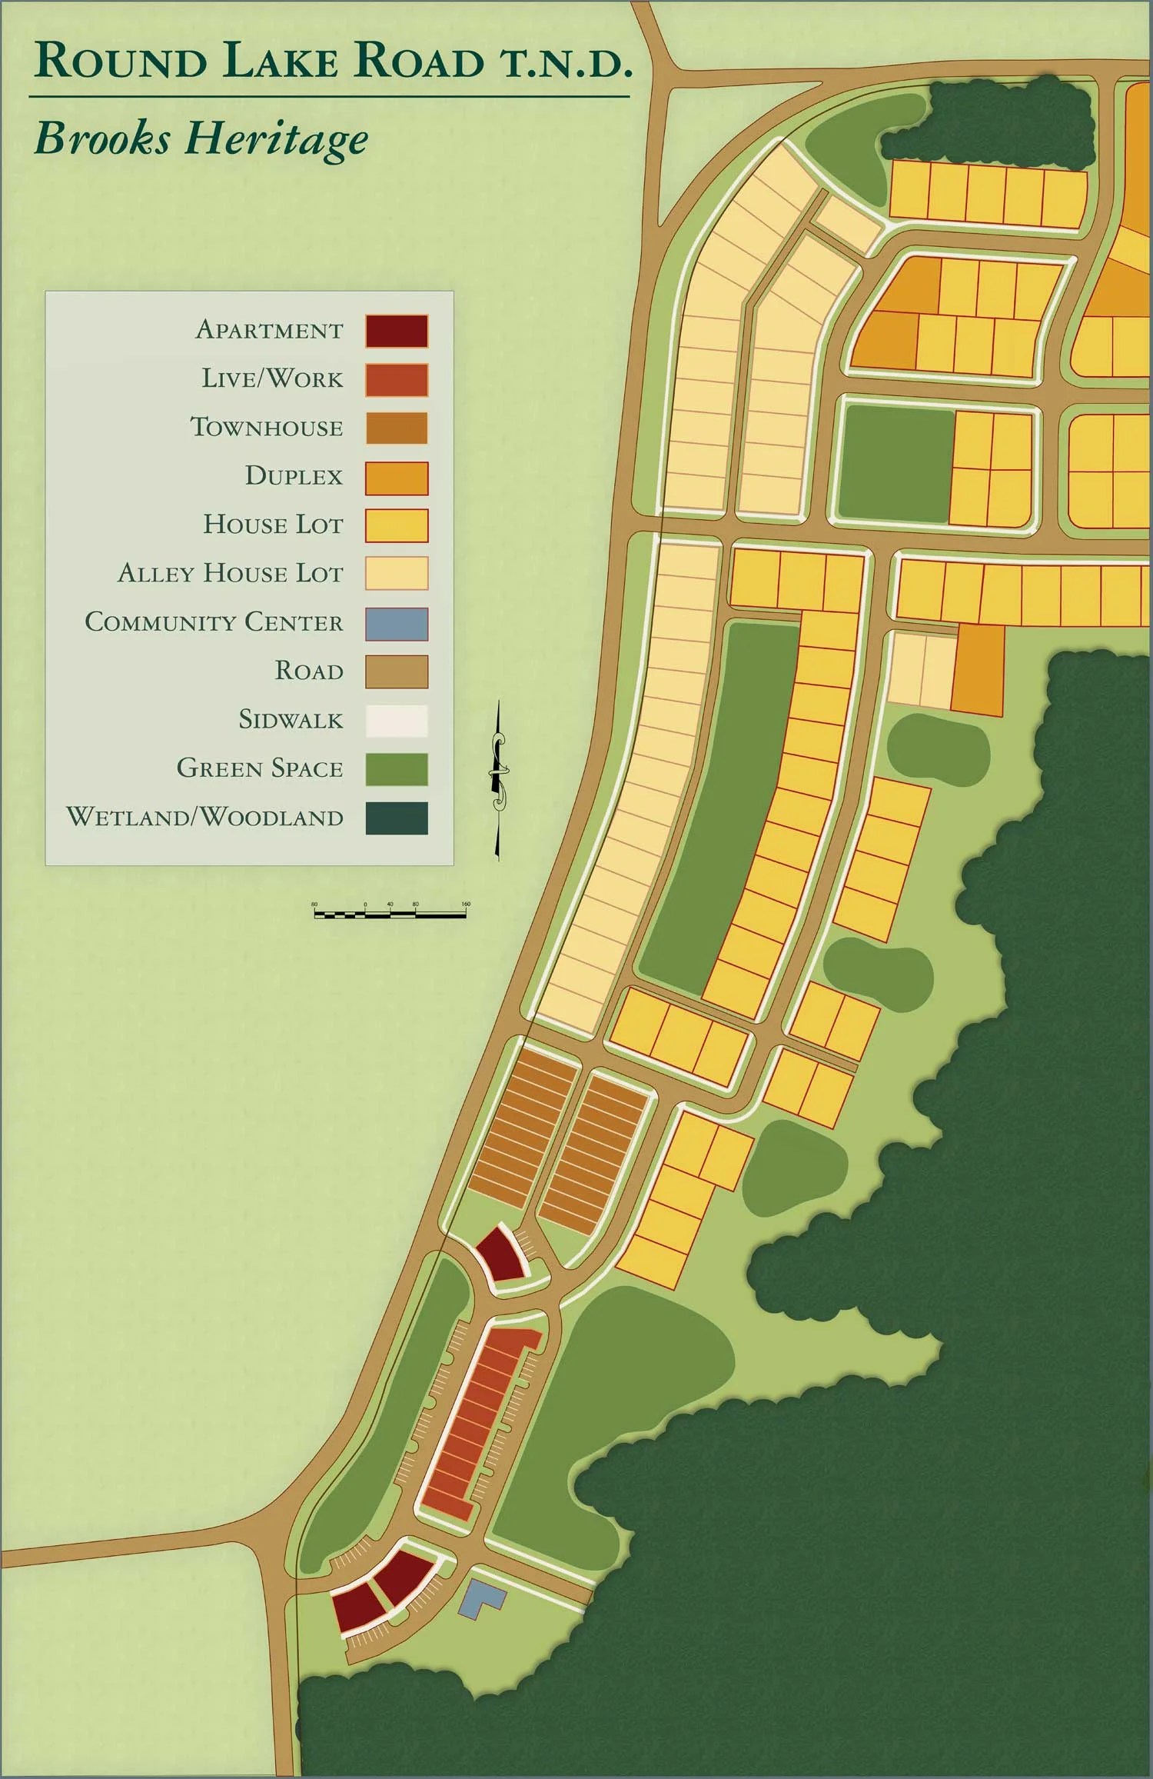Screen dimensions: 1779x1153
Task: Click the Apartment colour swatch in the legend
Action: [397, 331]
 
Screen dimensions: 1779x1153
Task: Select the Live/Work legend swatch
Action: [397, 380]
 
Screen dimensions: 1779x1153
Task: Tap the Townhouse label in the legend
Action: [267, 428]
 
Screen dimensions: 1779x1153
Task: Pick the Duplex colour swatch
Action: [397, 478]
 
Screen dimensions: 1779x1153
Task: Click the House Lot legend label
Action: [273, 525]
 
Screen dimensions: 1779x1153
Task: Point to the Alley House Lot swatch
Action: [397, 574]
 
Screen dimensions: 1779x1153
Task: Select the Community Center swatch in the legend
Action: [397, 623]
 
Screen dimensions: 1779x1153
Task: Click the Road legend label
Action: [309, 671]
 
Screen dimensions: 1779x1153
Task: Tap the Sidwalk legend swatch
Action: [397, 721]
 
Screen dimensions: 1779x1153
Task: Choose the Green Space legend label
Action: [260, 768]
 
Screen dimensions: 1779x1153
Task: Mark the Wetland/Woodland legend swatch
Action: [397, 818]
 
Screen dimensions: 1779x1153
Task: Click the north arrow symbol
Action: [499, 778]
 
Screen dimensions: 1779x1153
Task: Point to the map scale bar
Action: [390, 914]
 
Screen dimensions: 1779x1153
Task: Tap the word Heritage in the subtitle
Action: [277, 141]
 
